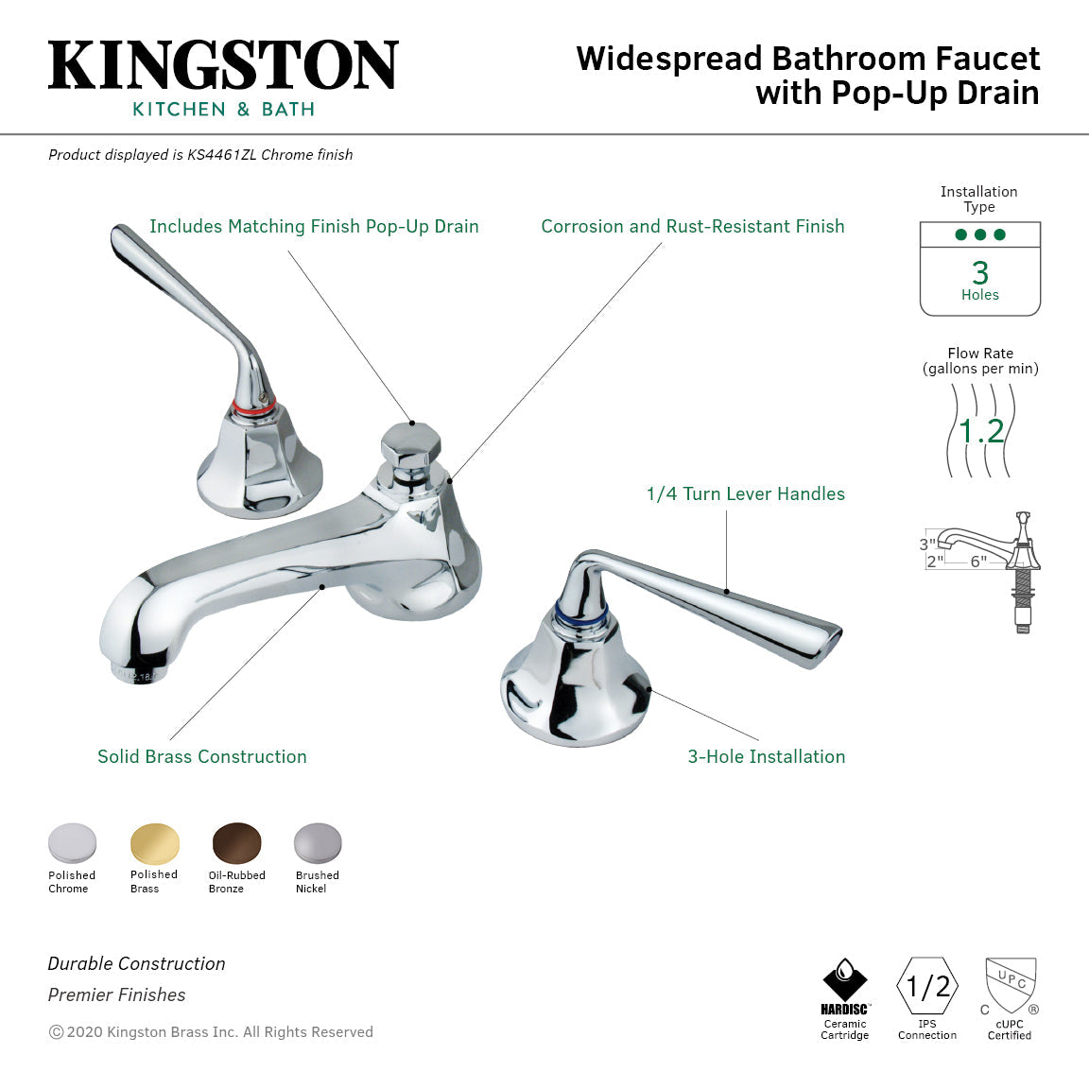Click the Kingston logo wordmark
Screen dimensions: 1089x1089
223,66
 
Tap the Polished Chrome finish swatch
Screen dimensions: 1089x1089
73,843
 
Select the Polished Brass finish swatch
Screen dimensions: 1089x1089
154,843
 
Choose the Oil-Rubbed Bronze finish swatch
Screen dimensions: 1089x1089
236,843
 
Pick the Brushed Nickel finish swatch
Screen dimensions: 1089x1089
318,843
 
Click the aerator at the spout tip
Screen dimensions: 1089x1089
132,673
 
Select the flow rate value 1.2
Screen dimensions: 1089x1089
981,432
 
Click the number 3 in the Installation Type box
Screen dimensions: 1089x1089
980,273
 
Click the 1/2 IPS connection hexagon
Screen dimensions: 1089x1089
927,986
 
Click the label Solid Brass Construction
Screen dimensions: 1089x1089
202,756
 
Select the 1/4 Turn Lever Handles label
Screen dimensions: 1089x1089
745,493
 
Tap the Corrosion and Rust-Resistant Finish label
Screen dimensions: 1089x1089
692,226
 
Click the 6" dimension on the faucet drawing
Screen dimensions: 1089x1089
978,562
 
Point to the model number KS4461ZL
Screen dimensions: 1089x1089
221,155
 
